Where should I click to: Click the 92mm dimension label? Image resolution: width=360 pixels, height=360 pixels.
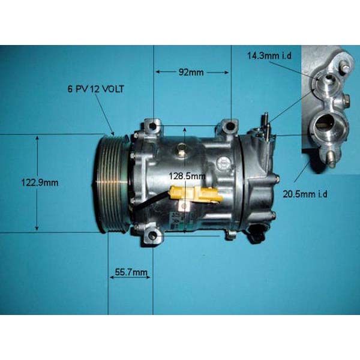(x=192, y=73)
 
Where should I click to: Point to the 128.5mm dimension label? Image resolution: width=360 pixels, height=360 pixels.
(x=187, y=176)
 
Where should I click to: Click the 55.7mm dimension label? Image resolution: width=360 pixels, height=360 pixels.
(x=130, y=274)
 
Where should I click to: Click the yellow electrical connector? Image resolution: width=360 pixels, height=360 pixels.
(x=195, y=194)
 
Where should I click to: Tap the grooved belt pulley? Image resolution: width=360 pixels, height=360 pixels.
(x=112, y=183)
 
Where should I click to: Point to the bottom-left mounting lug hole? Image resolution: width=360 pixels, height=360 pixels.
(x=152, y=236)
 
